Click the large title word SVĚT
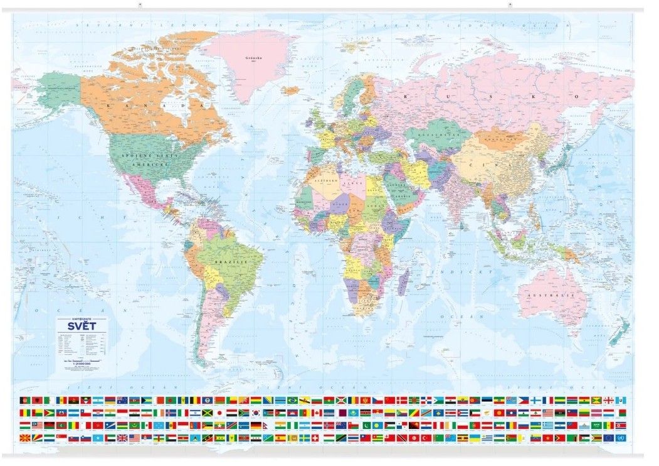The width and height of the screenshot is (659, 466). [x=73, y=329]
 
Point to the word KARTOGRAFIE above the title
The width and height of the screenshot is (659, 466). [x=73, y=320]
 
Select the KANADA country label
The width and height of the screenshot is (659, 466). [x=147, y=106]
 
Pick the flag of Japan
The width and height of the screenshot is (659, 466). [x=219, y=413]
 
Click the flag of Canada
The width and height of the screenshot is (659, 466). [x=317, y=413]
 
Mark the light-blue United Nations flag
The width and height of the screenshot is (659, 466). [x=619, y=437]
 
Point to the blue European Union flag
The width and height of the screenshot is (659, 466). [x=608, y=437]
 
